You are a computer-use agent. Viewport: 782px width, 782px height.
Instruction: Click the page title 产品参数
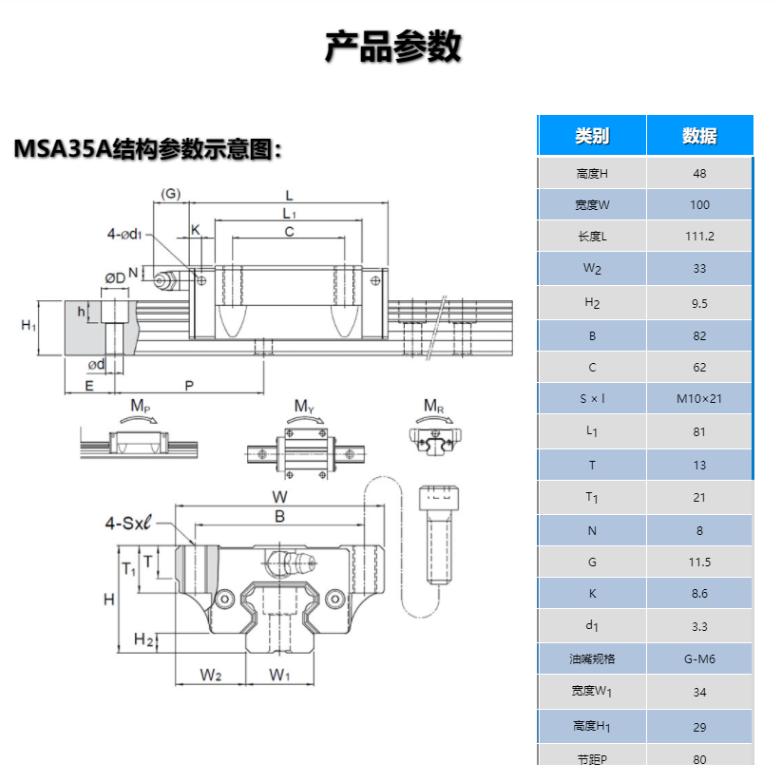click(392, 46)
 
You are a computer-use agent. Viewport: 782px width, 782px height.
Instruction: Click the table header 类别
click(592, 136)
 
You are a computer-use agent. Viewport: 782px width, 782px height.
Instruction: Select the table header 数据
click(699, 136)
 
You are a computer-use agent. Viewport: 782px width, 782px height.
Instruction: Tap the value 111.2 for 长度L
click(699, 237)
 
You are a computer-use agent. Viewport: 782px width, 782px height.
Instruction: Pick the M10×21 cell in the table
click(699, 398)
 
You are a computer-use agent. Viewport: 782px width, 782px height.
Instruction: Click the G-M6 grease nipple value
click(699, 658)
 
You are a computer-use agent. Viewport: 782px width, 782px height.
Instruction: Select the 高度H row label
click(592, 174)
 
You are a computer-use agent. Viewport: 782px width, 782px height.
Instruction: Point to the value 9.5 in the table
click(699, 302)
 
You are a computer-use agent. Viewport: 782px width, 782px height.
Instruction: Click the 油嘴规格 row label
click(592, 658)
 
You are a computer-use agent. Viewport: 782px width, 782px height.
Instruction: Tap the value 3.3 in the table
click(699, 626)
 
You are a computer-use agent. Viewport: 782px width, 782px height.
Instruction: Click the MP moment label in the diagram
click(140, 408)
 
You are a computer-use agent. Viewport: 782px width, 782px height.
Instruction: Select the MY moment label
click(304, 408)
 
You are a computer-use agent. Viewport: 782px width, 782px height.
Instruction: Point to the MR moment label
click(433, 408)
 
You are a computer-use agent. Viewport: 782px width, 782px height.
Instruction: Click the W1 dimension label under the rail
click(278, 675)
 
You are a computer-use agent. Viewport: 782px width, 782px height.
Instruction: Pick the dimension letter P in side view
click(189, 386)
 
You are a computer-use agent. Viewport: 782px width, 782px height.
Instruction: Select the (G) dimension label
click(170, 194)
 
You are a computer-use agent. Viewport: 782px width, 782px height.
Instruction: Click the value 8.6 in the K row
click(699, 594)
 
